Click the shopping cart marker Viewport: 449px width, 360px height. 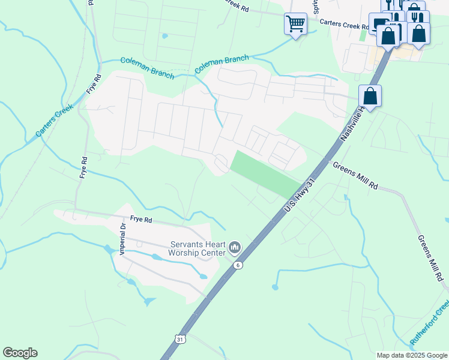[295, 24]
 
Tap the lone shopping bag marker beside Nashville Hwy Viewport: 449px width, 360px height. [370, 96]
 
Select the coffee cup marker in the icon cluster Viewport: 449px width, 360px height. [379, 25]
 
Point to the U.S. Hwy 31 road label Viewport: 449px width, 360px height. [300, 194]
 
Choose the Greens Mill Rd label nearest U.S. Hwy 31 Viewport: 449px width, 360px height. [355, 176]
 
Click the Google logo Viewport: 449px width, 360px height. [20, 353]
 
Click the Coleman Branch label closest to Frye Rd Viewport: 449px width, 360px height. [147, 68]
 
